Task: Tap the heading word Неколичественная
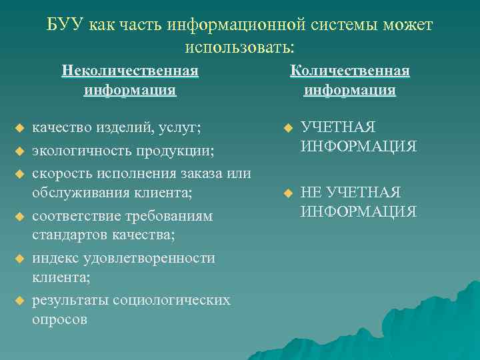[x=130, y=71]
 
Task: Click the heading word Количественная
[x=350, y=71]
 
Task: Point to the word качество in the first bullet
[x=61, y=127]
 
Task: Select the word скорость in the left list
[x=61, y=173]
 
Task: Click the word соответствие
[x=77, y=217]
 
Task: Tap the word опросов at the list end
[x=59, y=319]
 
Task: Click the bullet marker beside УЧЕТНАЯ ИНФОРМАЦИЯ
[x=287, y=127]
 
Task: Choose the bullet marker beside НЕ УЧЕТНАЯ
[x=287, y=193]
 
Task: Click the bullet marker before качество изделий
[x=19, y=127]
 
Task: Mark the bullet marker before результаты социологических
[x=19, y=300]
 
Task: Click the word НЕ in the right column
[x=311, y=193]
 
